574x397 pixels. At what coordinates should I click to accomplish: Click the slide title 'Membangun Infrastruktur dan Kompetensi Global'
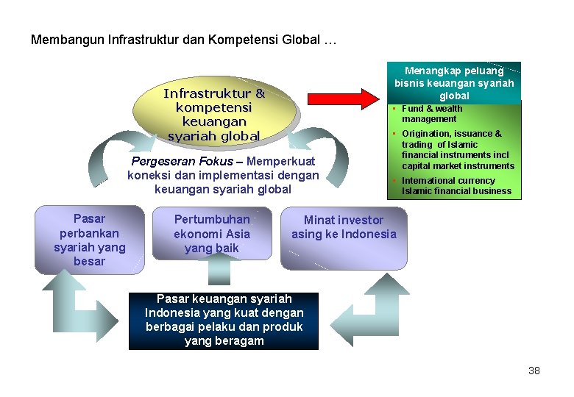184,40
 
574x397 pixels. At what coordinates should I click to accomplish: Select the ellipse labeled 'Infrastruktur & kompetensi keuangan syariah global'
214,114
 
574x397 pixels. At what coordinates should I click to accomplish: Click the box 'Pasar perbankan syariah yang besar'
90,240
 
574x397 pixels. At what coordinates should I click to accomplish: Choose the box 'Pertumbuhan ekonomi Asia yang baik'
212,234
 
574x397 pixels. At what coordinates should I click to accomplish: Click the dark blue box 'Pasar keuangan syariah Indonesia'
224,321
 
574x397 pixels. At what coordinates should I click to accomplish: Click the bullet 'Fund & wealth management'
432,113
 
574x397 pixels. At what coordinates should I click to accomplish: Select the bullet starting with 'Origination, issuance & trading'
457,149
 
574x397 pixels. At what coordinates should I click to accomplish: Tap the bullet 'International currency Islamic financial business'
456,185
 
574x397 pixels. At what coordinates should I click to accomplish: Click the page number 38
534,371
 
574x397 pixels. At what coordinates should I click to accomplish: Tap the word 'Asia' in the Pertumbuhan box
240,234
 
